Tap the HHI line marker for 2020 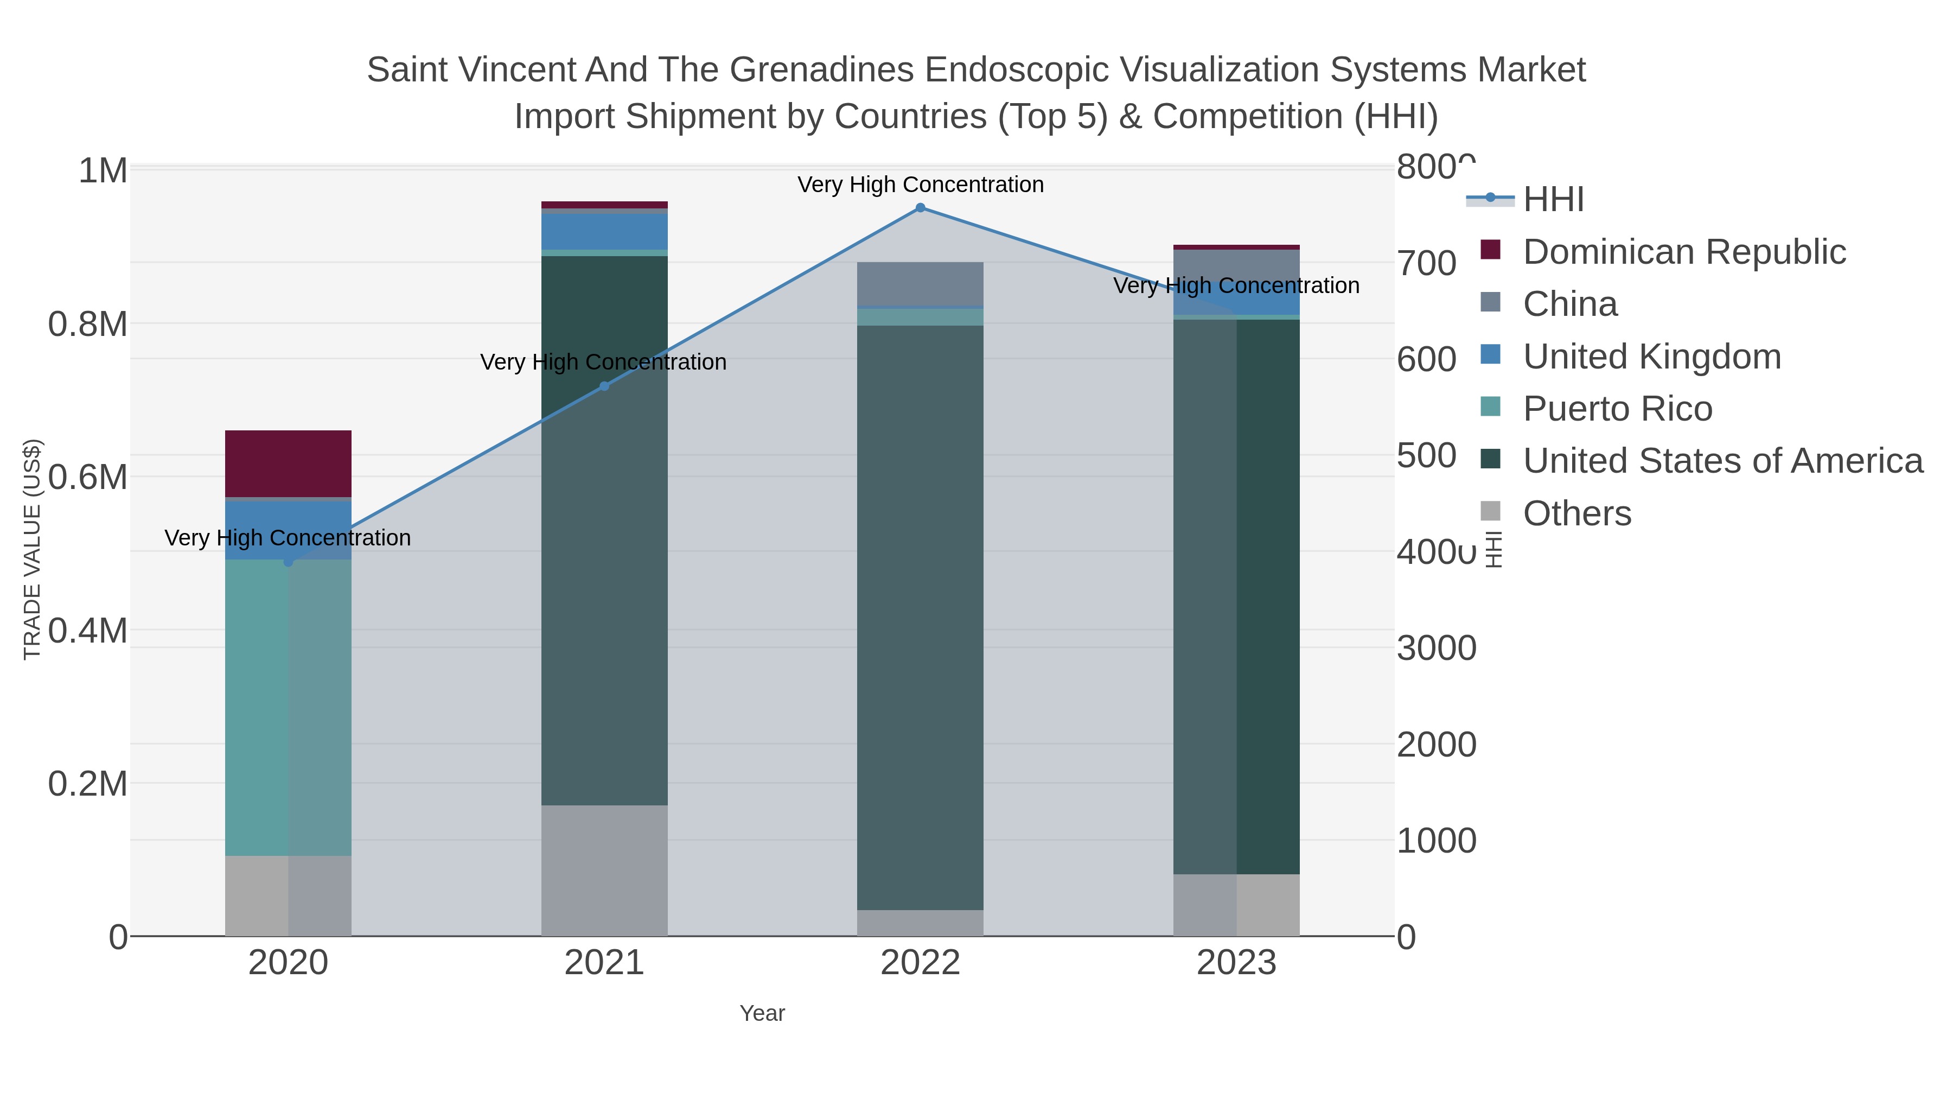pos(288,562)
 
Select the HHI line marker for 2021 pos(604,386)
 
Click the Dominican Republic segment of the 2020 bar pos(288,463)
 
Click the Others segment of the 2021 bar pos(604,870)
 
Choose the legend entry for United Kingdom pos(1651,357)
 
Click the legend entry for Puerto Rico pos(1617,409)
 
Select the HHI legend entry pos(1553,200)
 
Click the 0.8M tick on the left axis pos(87,325)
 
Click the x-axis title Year pos(762,1013)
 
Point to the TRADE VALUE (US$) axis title pos(32,549)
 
